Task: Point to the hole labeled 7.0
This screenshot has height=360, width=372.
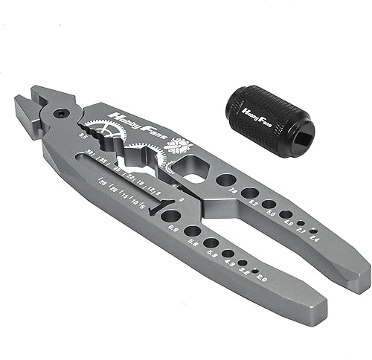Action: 224,181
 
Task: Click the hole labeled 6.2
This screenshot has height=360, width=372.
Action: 250,193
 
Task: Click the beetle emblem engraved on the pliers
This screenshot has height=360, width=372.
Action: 179,147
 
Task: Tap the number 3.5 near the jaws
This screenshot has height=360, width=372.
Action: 81,136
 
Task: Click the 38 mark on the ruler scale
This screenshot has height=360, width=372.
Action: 90,152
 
